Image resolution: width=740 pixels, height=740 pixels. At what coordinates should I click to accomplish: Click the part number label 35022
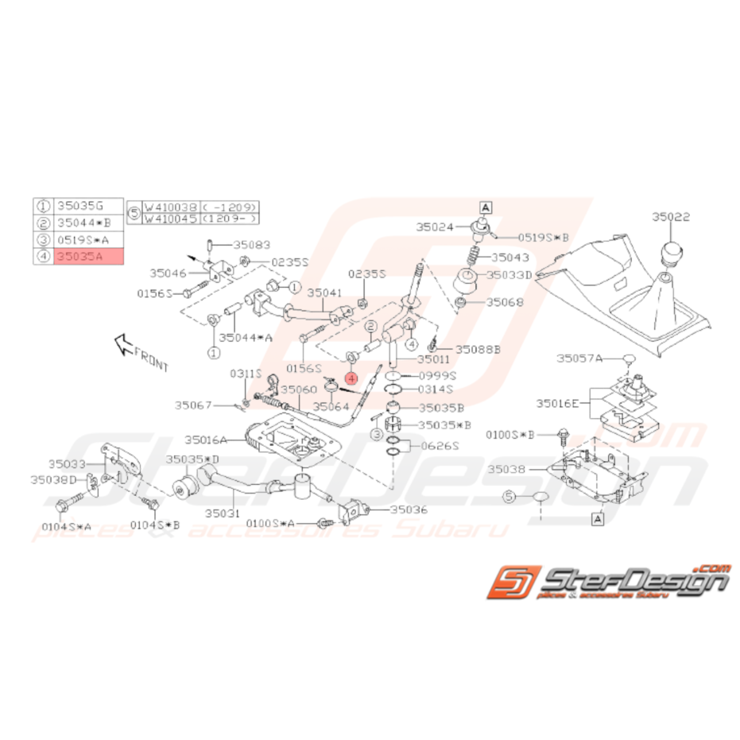(671, 215)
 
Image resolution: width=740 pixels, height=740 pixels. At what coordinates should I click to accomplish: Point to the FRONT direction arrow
(124, 343)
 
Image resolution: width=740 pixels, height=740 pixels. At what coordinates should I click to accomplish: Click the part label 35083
(251, 245)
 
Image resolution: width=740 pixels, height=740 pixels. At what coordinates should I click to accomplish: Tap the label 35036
(409, 509)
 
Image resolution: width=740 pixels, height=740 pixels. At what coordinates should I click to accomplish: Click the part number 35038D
(53, 479)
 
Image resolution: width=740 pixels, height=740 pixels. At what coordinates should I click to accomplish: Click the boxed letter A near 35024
(486, 207)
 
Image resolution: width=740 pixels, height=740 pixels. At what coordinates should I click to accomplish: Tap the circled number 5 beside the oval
(509, 496)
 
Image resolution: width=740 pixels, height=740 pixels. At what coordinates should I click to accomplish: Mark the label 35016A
(206, 439)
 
